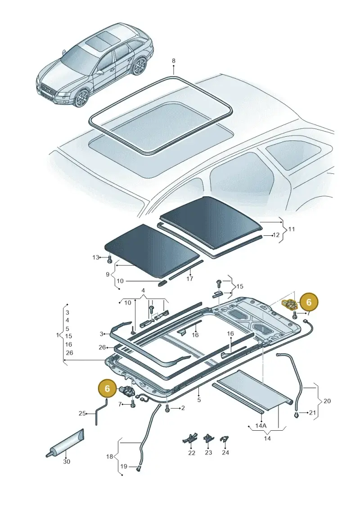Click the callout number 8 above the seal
click(173, 61)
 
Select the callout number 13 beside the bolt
click(95, 257)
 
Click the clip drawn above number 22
click(190, 438)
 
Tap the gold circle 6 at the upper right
click(309, 302)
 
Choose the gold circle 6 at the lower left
click(108, 388)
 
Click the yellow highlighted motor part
click(289, 305)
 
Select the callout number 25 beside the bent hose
click(82, 413)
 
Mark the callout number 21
click(312, 413)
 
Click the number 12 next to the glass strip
click(276, 235)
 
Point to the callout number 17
click(189, 279)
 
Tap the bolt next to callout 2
click(167, 408)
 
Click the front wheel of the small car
click(82, 99)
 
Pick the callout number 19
click(124, 467)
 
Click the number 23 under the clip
click(208, 452)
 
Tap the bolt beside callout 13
click(110, 258)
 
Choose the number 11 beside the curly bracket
click(292, 229)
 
